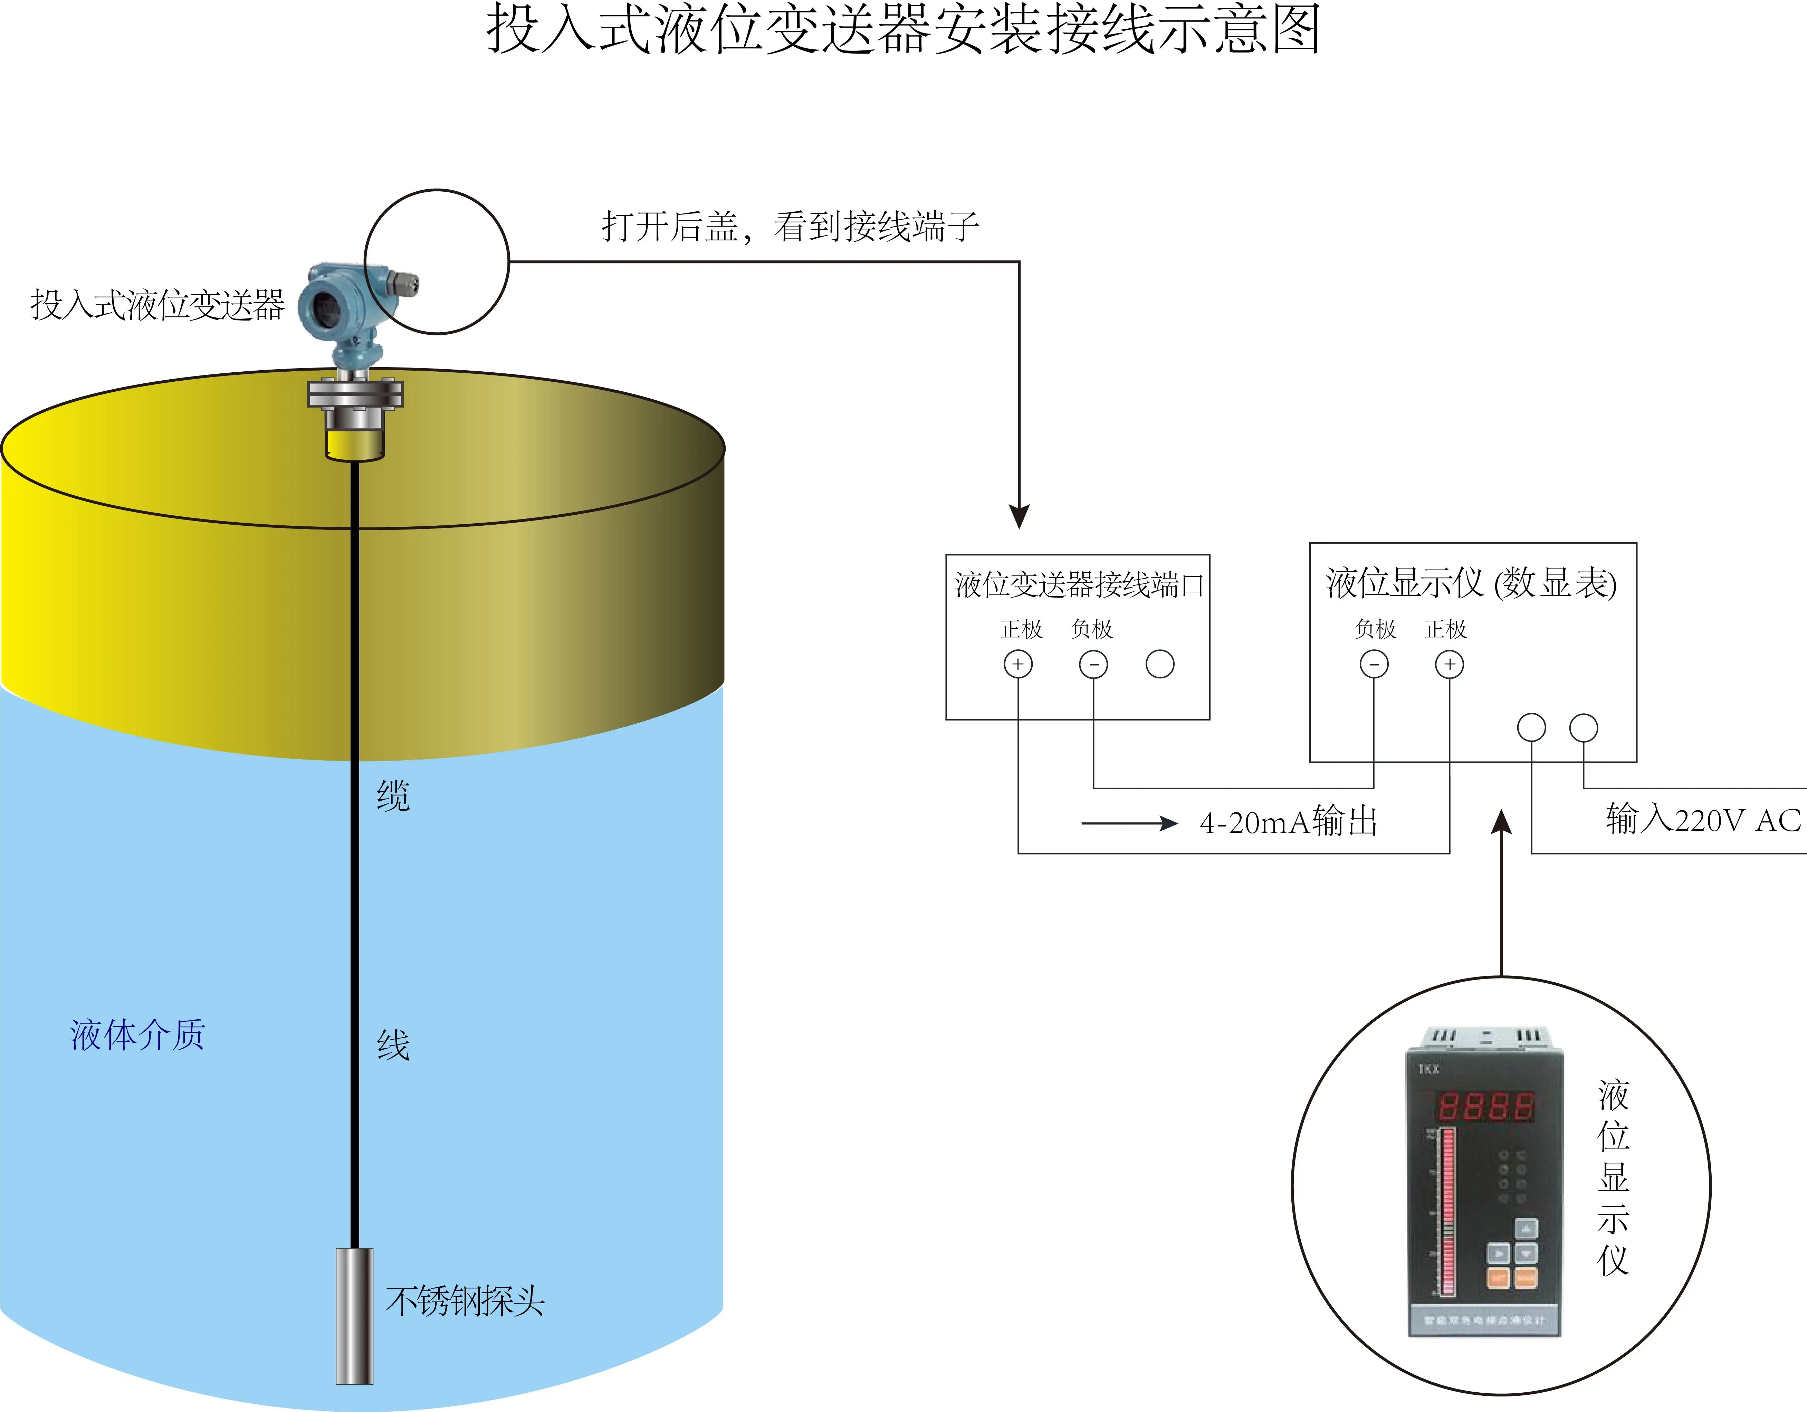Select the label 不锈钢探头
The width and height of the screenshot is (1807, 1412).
[465, 1301]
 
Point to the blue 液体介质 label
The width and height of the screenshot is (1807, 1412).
[137, 1034]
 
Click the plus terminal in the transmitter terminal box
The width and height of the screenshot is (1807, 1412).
[1018, 664]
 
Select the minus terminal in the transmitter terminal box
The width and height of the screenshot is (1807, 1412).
[1093, 664]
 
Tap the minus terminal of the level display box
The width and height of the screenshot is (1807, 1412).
[1374, 664]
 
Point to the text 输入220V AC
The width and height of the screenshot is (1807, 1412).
[1703, 819]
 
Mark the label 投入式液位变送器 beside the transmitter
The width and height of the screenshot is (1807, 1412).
[157, 305]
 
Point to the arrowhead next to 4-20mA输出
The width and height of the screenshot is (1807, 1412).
[1168, 823]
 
